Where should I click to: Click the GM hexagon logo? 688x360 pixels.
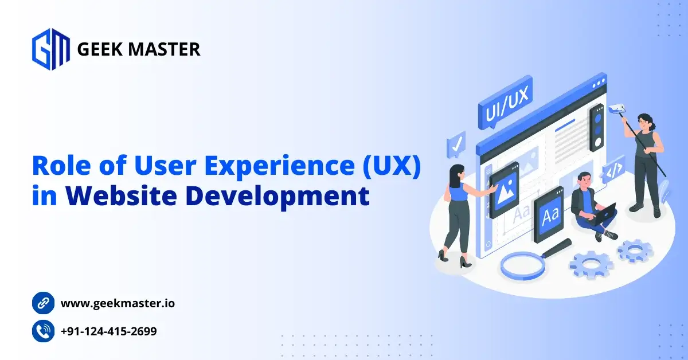coord(50,49)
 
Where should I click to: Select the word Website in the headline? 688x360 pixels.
coord(121,195)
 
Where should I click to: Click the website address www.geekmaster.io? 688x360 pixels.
coord(118,303)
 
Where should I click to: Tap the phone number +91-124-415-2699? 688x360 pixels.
coord(109,331)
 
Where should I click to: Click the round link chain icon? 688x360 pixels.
coord(44,303)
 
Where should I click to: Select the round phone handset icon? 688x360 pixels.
coord(44,331)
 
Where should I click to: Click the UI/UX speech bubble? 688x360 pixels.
coord(505,103)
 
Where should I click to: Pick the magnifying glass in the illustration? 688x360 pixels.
coord(534,260)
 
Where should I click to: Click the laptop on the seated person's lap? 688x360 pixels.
coord(604,214)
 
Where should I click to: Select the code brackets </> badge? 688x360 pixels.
coord(613,170)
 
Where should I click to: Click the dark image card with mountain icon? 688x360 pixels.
coord(504,190)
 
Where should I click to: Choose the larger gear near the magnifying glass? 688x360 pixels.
coord(591,264)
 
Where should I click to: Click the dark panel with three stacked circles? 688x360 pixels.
coord(597,127)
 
